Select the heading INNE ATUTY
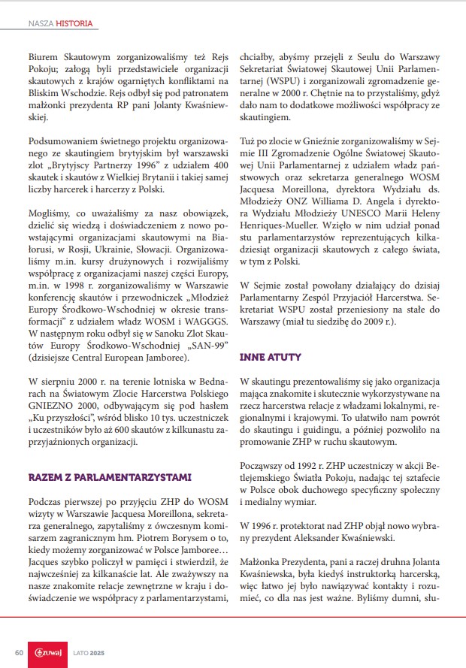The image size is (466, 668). [x=271, y=357]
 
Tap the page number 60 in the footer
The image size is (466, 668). [x=20, y=651]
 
